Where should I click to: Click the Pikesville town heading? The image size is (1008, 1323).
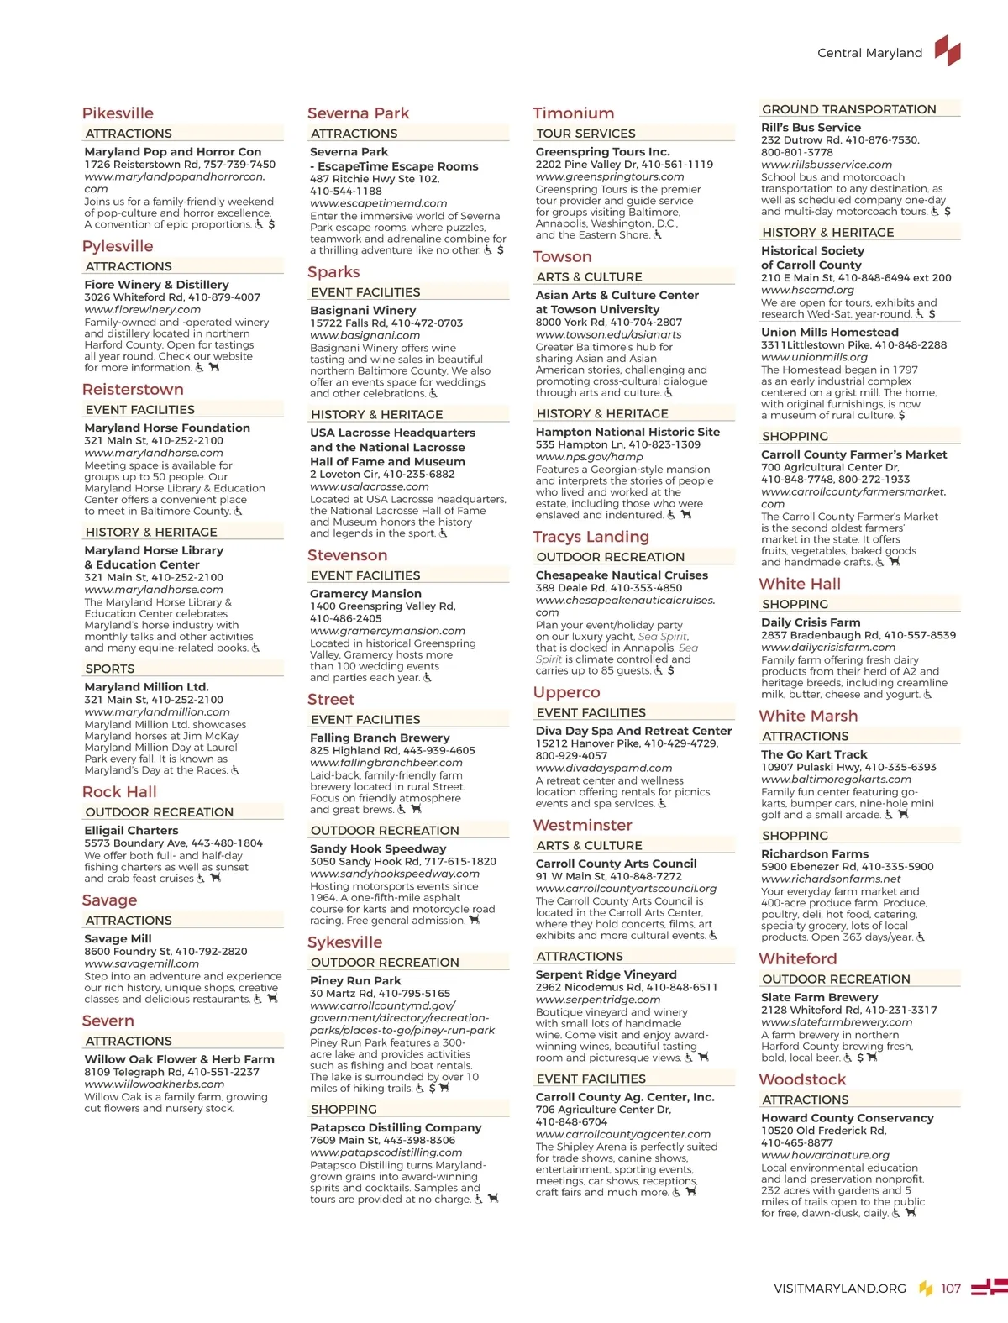click(118, 113)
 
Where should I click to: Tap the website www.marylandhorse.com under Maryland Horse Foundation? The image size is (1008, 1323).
click(154, 453)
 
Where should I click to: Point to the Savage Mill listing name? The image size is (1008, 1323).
click(118, 938)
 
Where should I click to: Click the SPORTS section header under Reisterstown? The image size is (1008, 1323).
click(110, 669)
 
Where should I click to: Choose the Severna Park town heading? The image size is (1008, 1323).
click(358, 113)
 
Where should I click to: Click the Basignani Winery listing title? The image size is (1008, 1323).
click(363, 310)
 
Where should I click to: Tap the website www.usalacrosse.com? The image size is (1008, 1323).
click(369, 486)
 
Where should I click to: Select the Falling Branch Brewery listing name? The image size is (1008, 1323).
click(380, 738)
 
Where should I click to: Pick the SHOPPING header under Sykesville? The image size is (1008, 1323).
click(344, 1110)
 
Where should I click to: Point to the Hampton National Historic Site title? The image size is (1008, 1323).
click(627, 432)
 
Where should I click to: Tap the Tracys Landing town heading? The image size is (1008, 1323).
click(591, 537)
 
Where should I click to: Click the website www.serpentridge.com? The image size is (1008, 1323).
click(598, 1000)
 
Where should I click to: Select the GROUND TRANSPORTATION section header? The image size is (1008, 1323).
click(848, 109)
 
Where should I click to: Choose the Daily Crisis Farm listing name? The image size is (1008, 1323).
click(811, 622)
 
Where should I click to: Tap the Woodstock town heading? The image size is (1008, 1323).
click(802, 1079)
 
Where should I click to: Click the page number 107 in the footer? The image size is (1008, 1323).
click(951, 1289)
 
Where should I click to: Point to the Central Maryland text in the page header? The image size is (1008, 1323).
click(869, 53)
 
